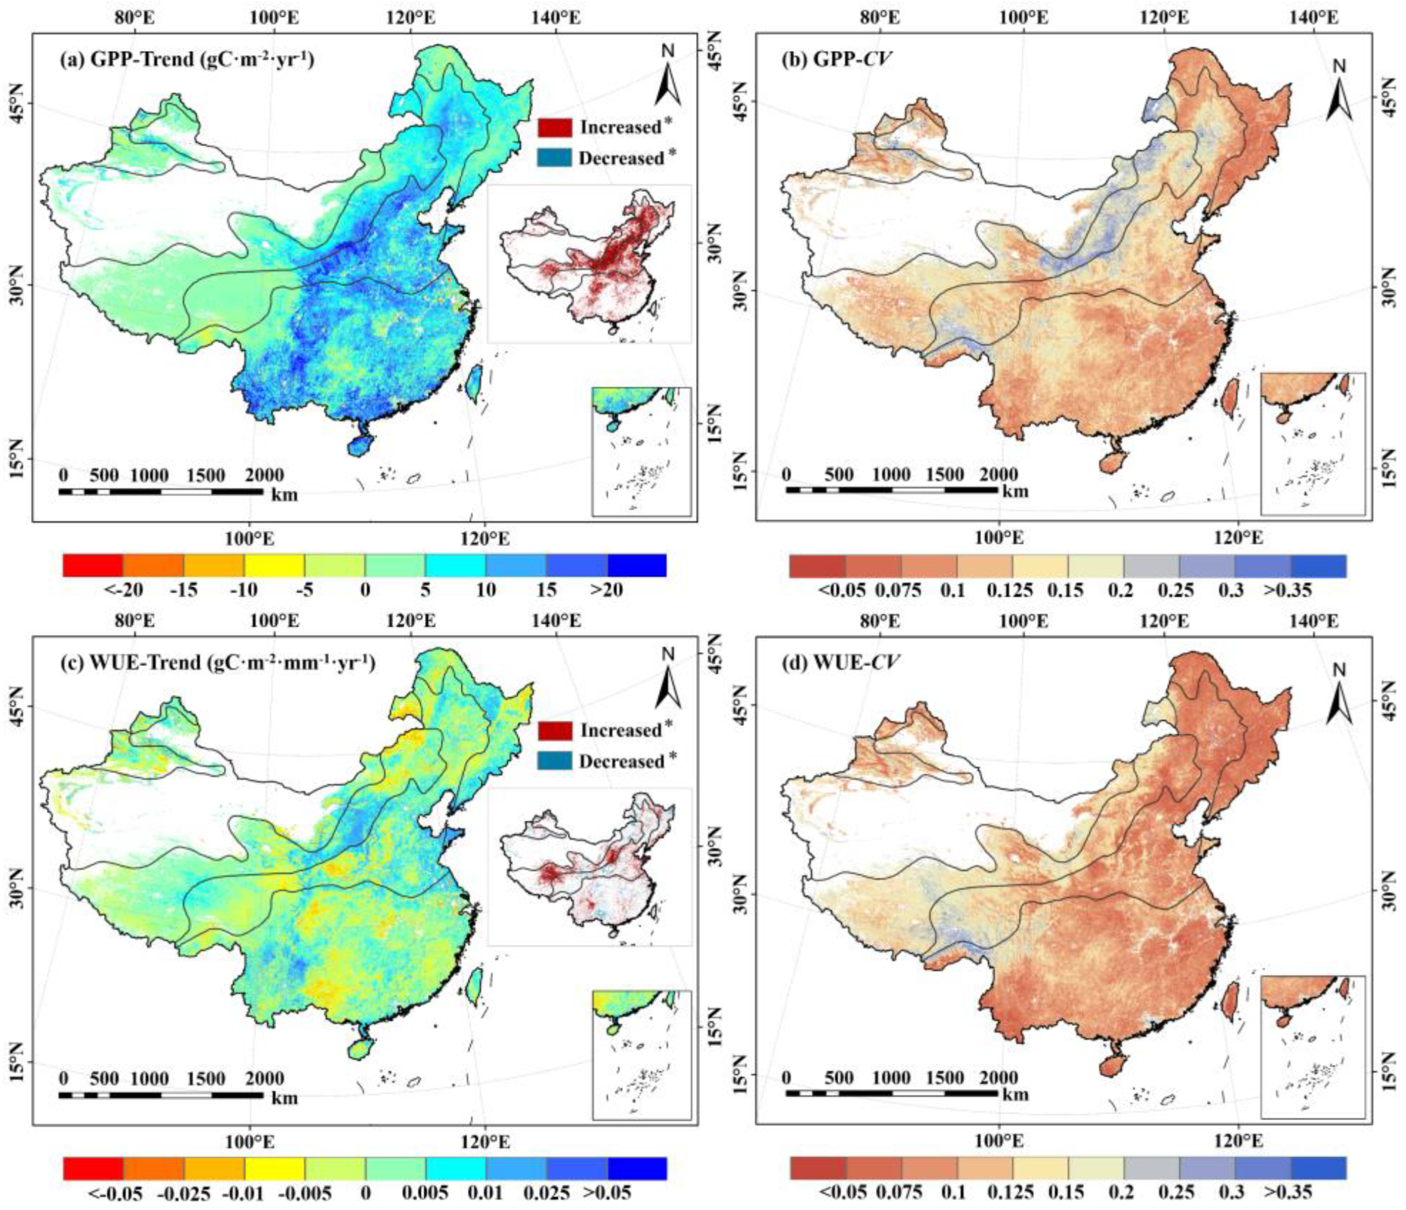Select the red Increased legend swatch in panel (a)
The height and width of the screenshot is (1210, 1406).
click(555, 127)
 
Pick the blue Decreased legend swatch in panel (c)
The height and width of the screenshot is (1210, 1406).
click(555, 761)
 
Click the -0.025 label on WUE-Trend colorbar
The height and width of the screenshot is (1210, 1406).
click(184, 1193)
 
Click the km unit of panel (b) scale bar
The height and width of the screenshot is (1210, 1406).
click(1015, 490)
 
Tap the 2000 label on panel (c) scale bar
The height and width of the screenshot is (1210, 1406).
click(265, 1078)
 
